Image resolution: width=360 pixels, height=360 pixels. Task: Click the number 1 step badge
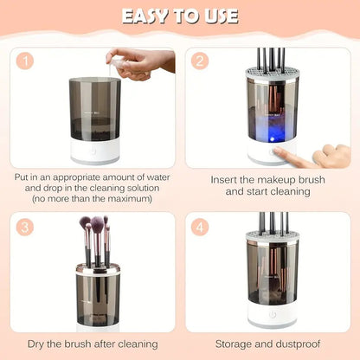click(x=27, y=62)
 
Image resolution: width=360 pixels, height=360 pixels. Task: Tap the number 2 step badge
click(x=201, y=62)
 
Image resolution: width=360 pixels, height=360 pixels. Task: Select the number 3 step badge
click(x=27, y=228)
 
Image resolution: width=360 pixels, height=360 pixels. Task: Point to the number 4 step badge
click(x=201, y=228)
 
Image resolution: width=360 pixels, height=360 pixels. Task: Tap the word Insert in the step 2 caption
click(x=228, y=179)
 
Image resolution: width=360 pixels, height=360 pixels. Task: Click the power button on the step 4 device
click(x=273, y=316)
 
